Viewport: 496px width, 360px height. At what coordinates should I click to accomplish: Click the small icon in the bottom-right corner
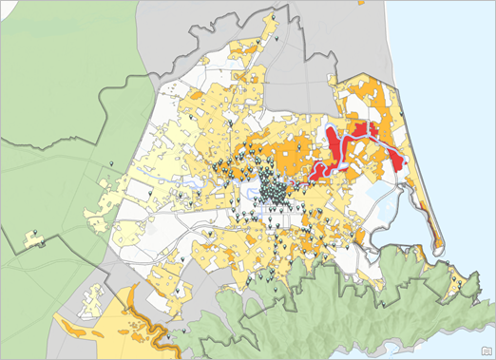(485, 350)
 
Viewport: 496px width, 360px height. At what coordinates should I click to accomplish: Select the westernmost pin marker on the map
(35, 233)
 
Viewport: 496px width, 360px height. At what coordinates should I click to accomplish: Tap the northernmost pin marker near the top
(274, 18)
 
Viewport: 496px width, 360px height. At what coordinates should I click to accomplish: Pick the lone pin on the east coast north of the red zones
(402, 116)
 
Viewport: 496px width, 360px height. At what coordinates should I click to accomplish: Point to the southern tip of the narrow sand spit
(439, 249)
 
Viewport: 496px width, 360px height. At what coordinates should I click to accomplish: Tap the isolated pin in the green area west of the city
(113, 166)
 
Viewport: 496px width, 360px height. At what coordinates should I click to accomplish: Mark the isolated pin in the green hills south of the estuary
(460, 282)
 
